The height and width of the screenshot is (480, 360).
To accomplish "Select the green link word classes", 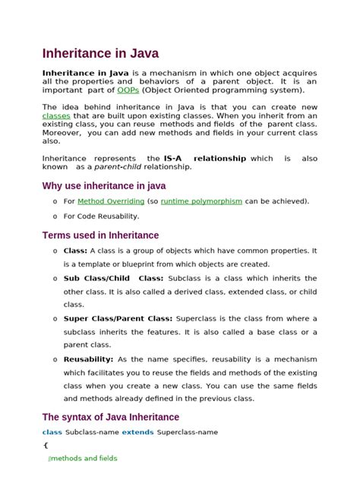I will tap(57, 116).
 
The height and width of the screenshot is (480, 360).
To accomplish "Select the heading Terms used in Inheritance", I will tap(100, 235).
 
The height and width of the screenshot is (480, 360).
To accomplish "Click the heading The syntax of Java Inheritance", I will tap(110, 416).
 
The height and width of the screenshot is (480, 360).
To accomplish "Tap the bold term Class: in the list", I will tap(75, 251).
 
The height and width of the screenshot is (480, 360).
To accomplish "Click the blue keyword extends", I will tap(138, 432).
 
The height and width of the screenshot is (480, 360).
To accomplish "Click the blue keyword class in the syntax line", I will tap(52, 432).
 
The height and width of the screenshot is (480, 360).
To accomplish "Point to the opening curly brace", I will tap(46, 445).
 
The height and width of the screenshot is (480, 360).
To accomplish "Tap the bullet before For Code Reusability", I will tap(55, 216).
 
